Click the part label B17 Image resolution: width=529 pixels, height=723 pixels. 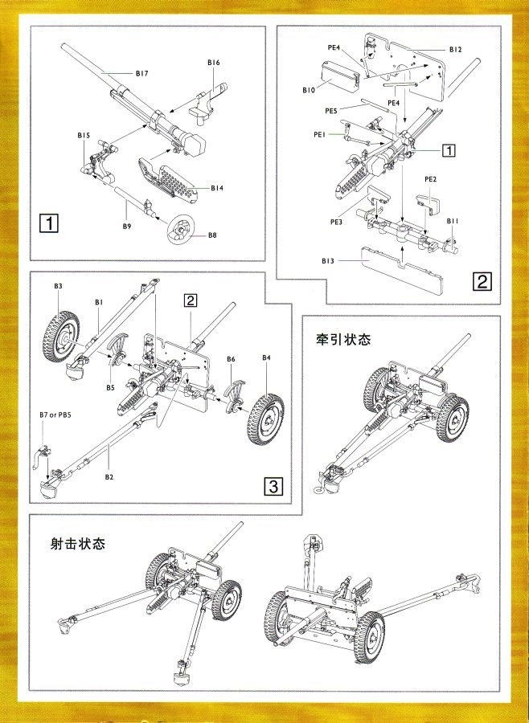(141, 73)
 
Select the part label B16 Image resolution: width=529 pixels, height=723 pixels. (214, 62)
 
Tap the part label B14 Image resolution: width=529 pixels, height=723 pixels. (217, 188)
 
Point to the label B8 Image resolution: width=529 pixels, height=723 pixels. (213, 235)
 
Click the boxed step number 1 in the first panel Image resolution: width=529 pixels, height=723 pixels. (50, 223)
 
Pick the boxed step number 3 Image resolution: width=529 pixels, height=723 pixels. (273, 486)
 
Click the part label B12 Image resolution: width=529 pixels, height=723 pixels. (456, 50)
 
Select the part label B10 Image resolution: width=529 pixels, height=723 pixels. (309, 90)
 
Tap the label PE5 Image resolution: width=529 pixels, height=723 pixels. (331, 110)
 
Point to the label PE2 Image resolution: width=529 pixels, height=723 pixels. (430, 178)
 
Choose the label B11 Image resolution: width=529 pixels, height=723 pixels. (453, 221)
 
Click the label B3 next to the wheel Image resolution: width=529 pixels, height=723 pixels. (59, 285)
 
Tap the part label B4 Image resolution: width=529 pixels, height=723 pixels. (267, 357)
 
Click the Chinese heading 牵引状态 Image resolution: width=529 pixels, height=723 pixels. (343, 339)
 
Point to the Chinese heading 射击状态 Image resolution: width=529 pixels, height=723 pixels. (77, 543)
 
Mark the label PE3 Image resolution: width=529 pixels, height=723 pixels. (336, 220)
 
